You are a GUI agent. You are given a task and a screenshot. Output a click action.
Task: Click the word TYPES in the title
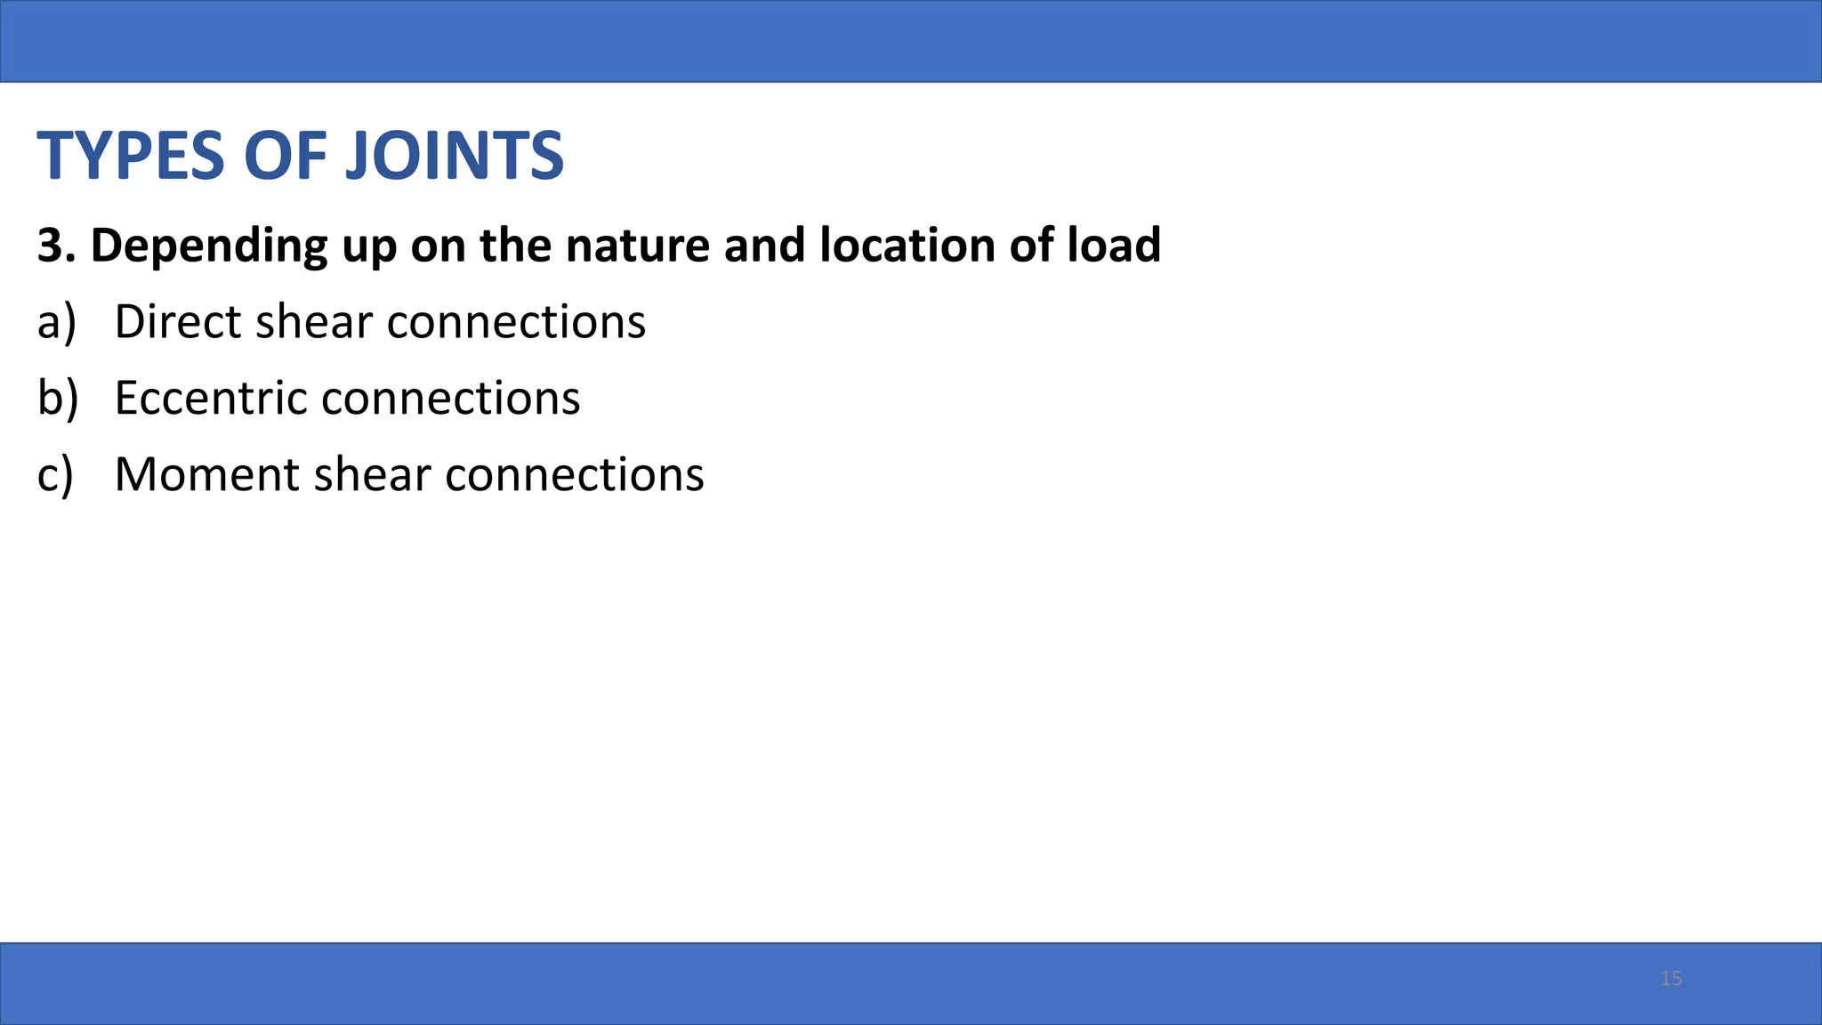click(131, 156)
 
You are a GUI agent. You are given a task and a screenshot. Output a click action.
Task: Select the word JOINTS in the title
click(454, 156)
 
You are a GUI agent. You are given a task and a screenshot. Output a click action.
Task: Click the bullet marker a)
click(56, 322)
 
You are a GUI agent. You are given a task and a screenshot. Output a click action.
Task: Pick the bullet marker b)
click(57, 398)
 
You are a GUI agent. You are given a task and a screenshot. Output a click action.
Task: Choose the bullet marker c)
click(55, 475)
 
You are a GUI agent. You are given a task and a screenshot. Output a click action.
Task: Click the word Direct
click(178, 321)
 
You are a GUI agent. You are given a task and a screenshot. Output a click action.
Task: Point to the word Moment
click(207, 474)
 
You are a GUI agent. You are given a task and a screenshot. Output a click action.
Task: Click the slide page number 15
click(1671, 979)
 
